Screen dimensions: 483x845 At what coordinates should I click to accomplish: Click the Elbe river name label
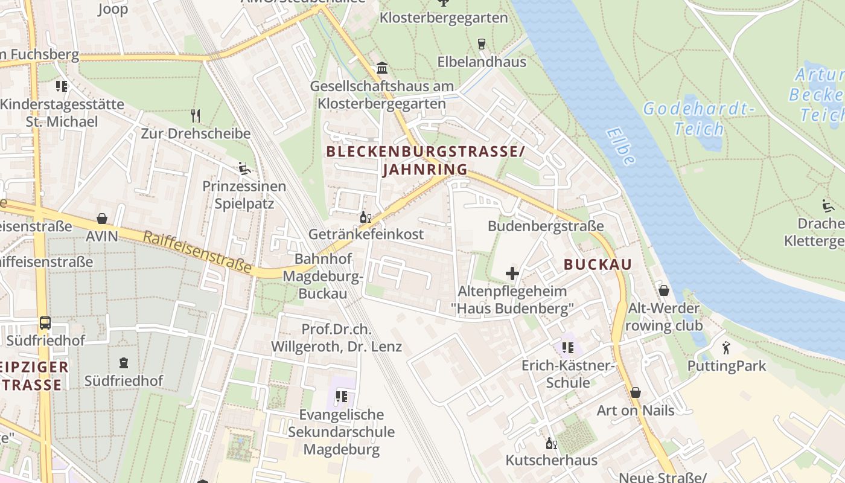[621, 146]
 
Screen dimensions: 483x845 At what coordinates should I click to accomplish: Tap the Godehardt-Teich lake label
[699, 118]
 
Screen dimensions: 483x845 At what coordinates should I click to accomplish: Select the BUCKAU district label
[598, 264]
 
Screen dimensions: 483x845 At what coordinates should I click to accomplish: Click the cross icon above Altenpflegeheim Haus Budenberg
[512, 273]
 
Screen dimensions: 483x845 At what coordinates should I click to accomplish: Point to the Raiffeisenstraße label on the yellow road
[197, 252]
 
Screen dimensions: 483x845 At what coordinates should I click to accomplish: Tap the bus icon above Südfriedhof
[45, 323]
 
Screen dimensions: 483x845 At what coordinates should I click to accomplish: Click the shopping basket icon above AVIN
[102, 219]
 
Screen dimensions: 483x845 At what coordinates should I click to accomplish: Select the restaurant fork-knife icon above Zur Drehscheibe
[195, 115]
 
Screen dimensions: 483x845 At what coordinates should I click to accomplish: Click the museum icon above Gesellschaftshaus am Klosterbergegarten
[381, 68]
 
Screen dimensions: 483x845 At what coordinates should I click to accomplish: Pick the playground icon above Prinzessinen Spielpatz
[244, 168]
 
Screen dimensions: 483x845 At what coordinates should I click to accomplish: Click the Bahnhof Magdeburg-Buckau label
[324, 276]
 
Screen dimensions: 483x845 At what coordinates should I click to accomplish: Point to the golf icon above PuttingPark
[726, 348]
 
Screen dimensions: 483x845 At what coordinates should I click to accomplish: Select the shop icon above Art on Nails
[635, 393]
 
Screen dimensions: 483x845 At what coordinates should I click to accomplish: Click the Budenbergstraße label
[546, 226]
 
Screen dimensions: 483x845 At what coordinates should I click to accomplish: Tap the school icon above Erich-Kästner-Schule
[567, 348]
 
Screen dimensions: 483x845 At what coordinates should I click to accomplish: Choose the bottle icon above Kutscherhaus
[551, 444]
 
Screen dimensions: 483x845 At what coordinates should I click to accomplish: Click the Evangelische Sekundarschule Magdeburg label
[341, 432]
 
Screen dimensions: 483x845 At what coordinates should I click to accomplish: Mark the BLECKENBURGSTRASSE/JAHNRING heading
[426, 161]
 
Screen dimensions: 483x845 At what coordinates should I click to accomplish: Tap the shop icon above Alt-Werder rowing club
[664, 290]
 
